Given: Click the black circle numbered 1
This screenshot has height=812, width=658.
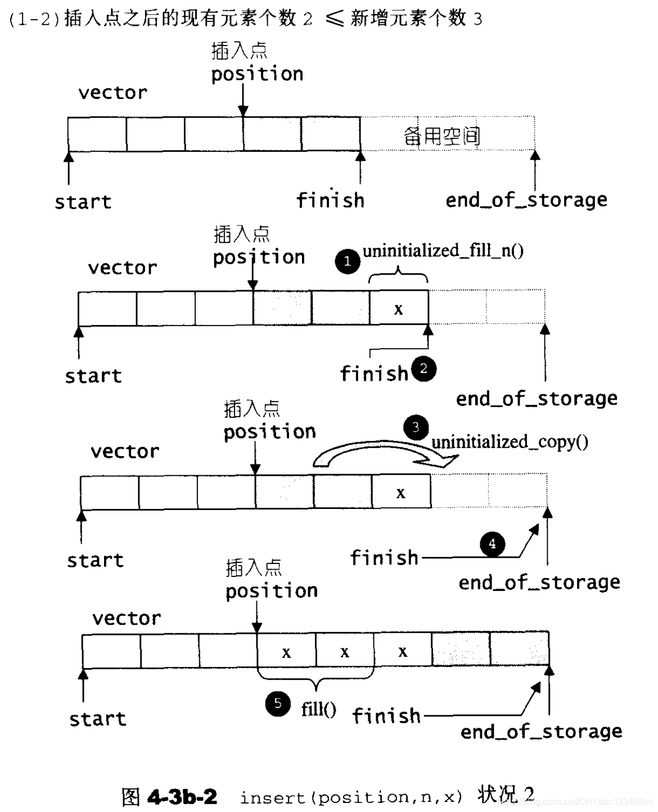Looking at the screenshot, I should [x=347, y=261].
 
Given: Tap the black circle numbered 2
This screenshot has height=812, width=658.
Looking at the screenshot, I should [x=423, y=369].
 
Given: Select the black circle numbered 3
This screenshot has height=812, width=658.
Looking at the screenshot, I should [x=416, y=427].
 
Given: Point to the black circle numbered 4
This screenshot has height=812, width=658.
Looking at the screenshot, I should [x=492, y=544].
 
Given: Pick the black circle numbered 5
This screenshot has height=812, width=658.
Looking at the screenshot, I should [x=278, y=703].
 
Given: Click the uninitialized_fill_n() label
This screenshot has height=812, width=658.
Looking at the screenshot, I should [x=443, y=250].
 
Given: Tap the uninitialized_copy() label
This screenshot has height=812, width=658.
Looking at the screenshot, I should [x=510, y=442].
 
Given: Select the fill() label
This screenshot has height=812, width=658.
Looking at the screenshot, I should [x=318, y=709].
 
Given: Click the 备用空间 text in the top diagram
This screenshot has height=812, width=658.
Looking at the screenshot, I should [x=441, y=136].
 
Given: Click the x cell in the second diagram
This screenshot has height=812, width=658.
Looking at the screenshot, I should [x=399, y=309].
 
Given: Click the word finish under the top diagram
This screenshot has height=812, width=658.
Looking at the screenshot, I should [x=330, y=200].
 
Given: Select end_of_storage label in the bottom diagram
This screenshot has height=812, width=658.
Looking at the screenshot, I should [x=541, y=731].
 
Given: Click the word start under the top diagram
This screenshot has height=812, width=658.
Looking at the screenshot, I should [x=83, y=202].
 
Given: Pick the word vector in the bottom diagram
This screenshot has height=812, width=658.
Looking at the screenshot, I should [x=127, y=618].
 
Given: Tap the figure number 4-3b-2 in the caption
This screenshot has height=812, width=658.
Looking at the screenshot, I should [x=182, y=797].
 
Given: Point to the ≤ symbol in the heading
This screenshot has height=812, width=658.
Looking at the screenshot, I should [x=333, y=19].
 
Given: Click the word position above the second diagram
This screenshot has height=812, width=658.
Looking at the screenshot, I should [x=259, y=257].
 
